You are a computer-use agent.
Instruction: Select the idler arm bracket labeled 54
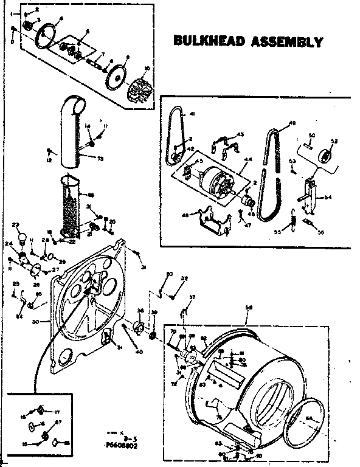[x=311, y=195]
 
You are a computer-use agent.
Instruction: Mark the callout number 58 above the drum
[x=249, y=308]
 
